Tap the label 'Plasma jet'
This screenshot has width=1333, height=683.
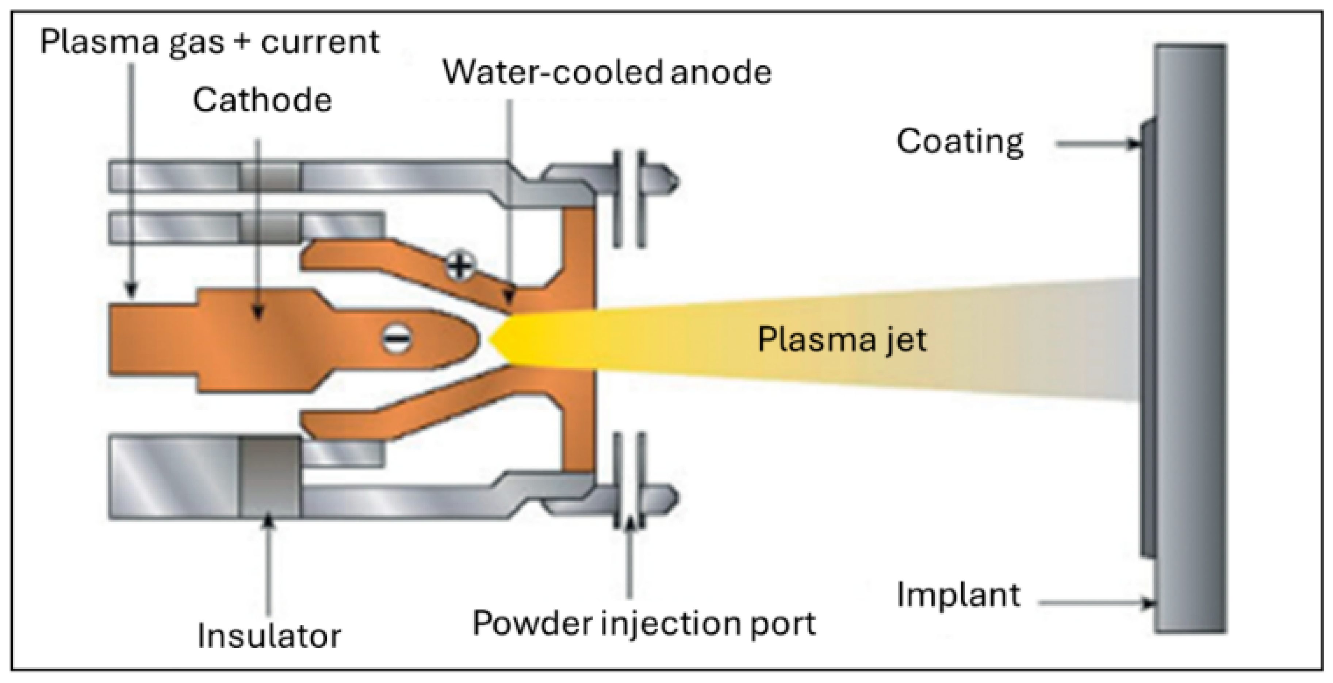point(842,339)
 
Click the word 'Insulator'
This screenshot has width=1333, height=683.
point(269,636)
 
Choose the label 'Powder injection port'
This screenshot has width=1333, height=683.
point(644,623)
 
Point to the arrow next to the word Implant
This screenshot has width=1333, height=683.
point(1097,603)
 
